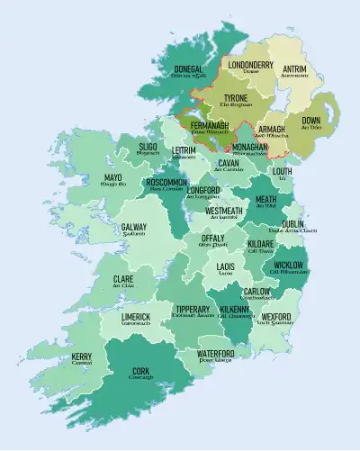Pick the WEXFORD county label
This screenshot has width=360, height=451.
click(275, 317)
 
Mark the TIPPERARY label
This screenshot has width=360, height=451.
click(193, 309)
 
